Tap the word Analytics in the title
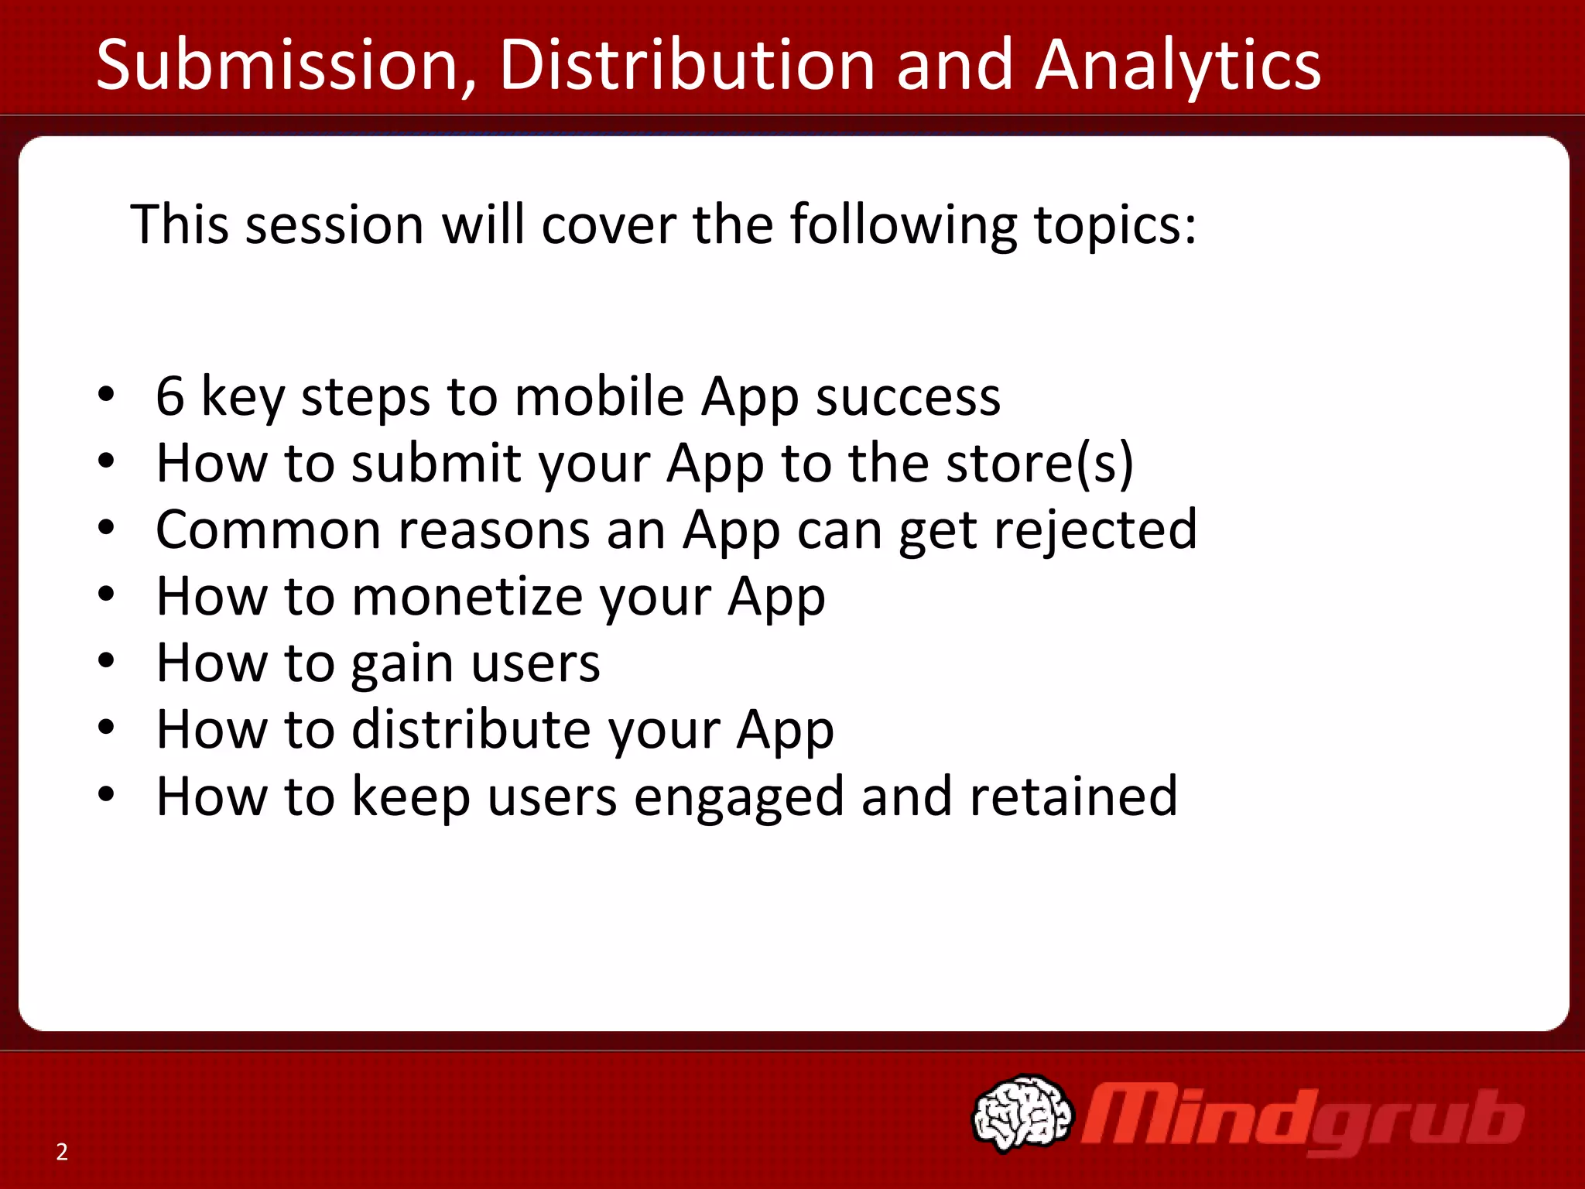click(1178, 65)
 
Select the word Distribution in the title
click(686, 65)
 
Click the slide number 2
click(62, 1152)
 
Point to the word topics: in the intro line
click(1115, 224)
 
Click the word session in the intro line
click(334, 224)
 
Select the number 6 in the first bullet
click(170, 396)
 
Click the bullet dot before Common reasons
click(107, 528)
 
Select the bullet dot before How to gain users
click(107, 660)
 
